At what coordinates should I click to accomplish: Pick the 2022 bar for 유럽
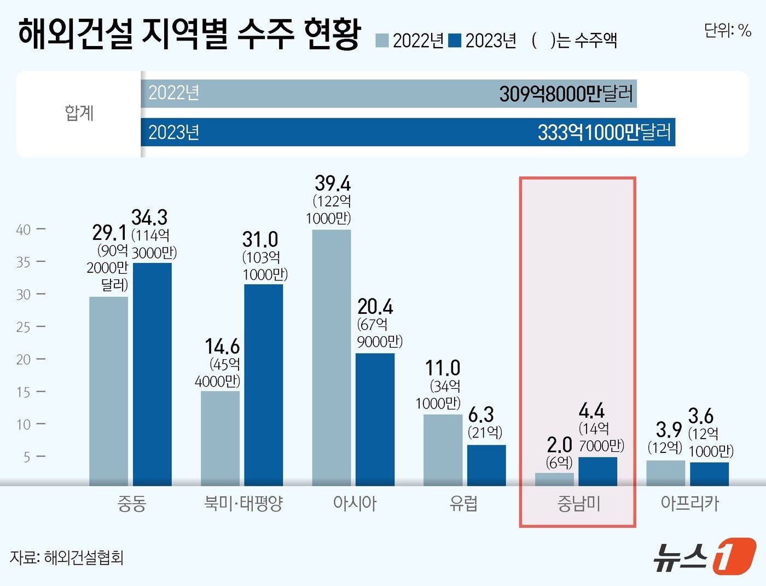pos(443,450)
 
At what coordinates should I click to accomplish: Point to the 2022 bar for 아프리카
pos(665,473)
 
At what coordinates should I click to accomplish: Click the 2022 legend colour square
pos(382,41)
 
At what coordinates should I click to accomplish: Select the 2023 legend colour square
pos(455,41)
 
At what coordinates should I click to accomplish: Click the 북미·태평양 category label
pos(243,503)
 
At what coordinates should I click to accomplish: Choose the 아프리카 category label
pos(689,503)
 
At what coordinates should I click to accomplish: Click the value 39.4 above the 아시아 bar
pos(332,183)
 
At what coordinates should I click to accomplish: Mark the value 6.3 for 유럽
pos(481,414)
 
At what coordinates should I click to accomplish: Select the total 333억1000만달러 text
pos(603,133)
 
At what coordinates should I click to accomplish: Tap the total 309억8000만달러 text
pos(566,94)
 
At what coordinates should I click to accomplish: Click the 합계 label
pos(79,113)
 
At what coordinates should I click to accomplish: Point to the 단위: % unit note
pos(727,30)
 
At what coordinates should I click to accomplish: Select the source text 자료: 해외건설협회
pos(67,558)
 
